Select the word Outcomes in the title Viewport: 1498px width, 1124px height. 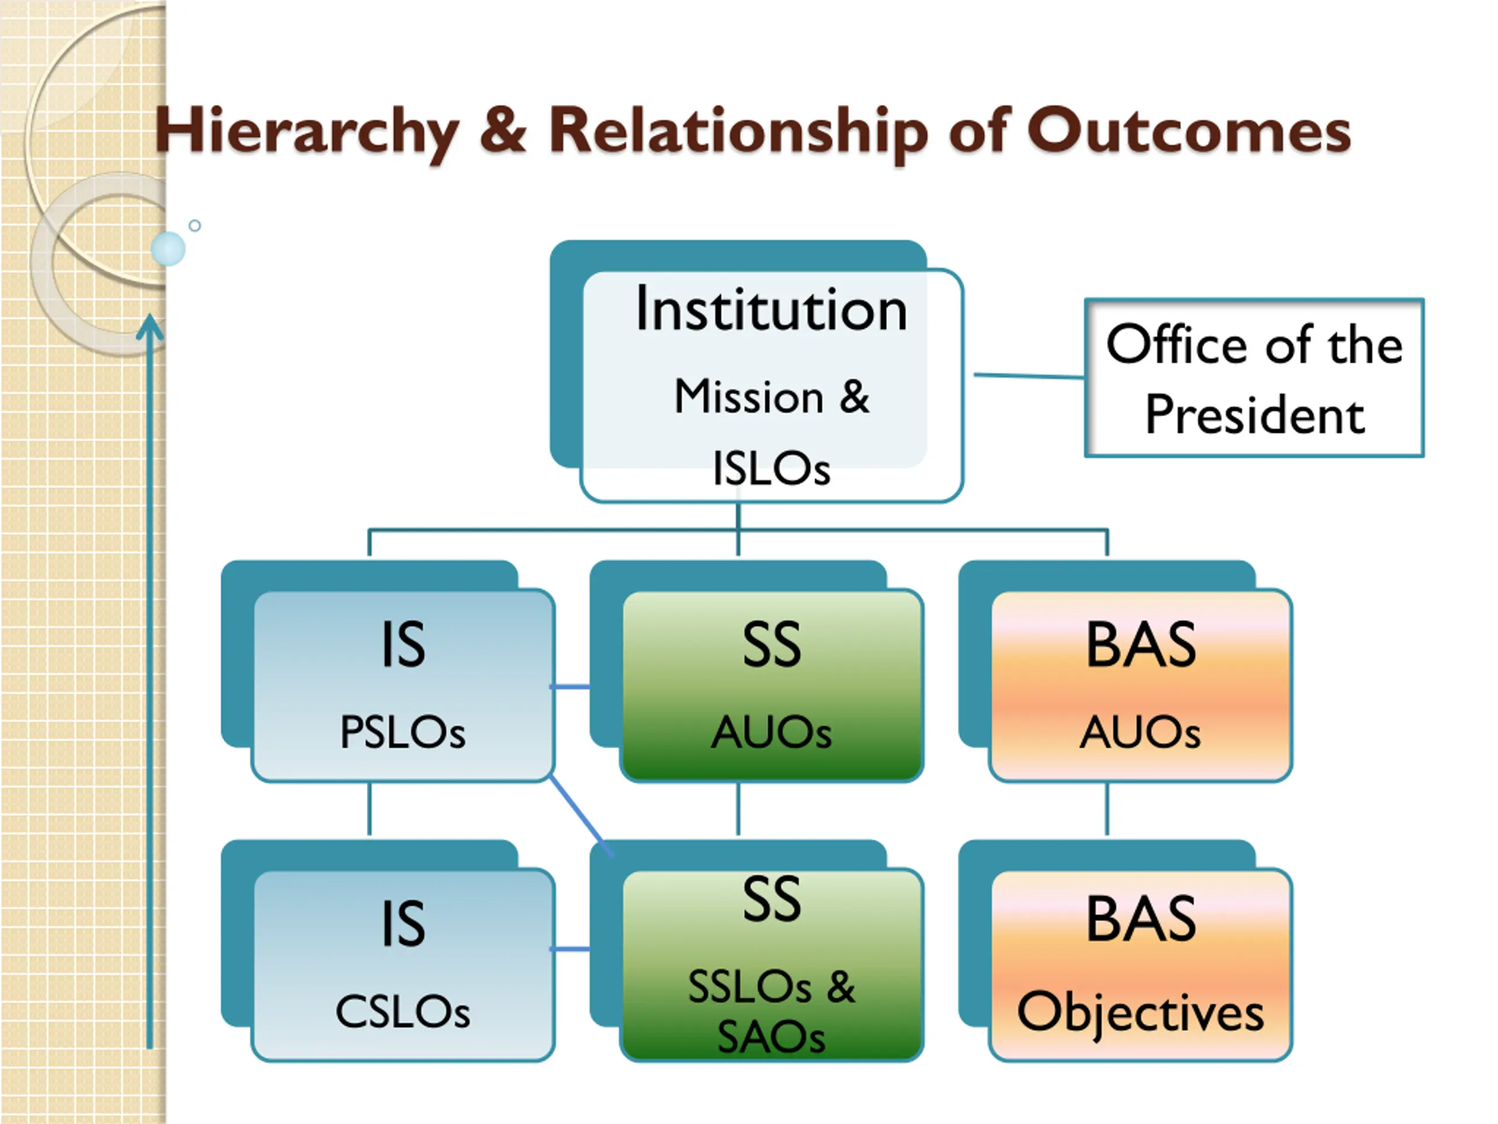[x=1188, y=131]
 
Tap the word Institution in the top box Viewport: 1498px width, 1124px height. [x=771, y=310]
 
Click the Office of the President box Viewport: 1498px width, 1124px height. [x=1254, y=378]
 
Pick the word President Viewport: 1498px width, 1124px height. [x=1254, y=414]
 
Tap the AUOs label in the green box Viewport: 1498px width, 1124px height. [x=771, y=732]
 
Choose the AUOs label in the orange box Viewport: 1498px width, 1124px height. [x=1140, y=732]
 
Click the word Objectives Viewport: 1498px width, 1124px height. [x=1140, y=1012]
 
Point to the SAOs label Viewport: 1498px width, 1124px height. [x=771, y=1037]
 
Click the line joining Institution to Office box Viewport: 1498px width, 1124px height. [x=1028, y=375]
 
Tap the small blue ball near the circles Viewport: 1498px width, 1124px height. [x=168, y=249]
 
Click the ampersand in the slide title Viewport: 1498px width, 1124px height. [x=503, y=131]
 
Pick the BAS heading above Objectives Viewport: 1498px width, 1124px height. [x=1140, y=919]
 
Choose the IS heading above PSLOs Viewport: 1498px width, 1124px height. [x=403, y=645]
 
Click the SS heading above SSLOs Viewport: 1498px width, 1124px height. [x=771, y=900]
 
